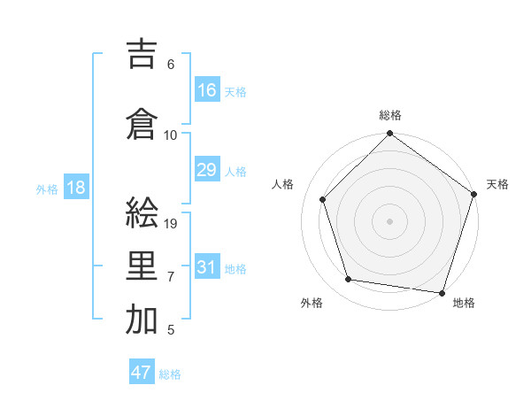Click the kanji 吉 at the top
142,54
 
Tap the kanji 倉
142,122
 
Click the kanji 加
142,320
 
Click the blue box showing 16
207,89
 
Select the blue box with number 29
207,170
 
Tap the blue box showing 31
207,267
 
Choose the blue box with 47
142,373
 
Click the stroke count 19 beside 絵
172,224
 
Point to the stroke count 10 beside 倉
171,135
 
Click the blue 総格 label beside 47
170,374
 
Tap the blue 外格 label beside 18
47,189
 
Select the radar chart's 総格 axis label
390,115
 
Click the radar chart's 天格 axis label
498,184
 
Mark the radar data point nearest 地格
442,292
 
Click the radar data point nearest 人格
323,199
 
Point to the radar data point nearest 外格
349,280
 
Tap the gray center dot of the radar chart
390,221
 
